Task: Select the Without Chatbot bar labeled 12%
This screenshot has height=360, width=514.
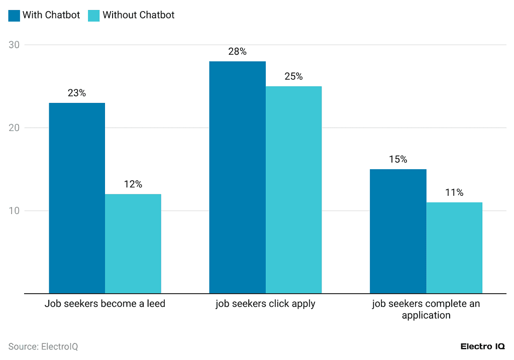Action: click(x=133, y=244)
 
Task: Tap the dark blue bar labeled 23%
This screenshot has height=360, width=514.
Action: click(x=76, y=198)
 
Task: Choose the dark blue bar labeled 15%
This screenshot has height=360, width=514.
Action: click(x=398, y=231)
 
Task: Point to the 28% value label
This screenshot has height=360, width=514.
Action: click(x=237, y=52)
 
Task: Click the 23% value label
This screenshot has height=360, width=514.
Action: click(x=76, y=93)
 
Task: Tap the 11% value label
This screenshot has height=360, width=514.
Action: click(x=454, y=192)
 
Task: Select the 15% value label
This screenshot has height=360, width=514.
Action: click(x=398, y=159)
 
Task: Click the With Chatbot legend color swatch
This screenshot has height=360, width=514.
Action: click(x=14, y=15)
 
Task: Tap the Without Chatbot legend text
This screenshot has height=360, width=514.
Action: click(x=138, y=15)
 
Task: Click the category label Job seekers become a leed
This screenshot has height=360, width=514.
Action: click(x=105, y=304)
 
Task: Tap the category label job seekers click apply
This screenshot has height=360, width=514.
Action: click(x=265, y=304)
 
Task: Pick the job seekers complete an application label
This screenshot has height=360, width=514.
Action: click(x=426, y=309)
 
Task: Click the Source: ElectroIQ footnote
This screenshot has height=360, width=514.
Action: click(x=43, y=346)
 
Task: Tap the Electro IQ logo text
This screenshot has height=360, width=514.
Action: click(x=483, y=346)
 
